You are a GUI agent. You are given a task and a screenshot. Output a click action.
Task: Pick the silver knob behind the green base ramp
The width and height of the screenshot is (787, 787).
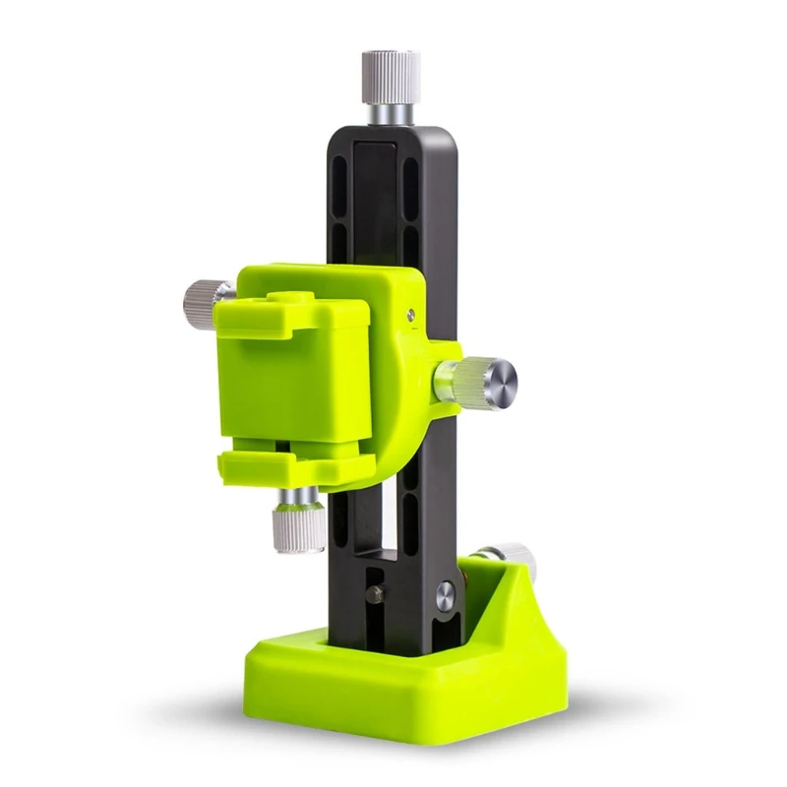513,555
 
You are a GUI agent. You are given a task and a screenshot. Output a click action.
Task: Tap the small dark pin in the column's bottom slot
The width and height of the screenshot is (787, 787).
374,594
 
